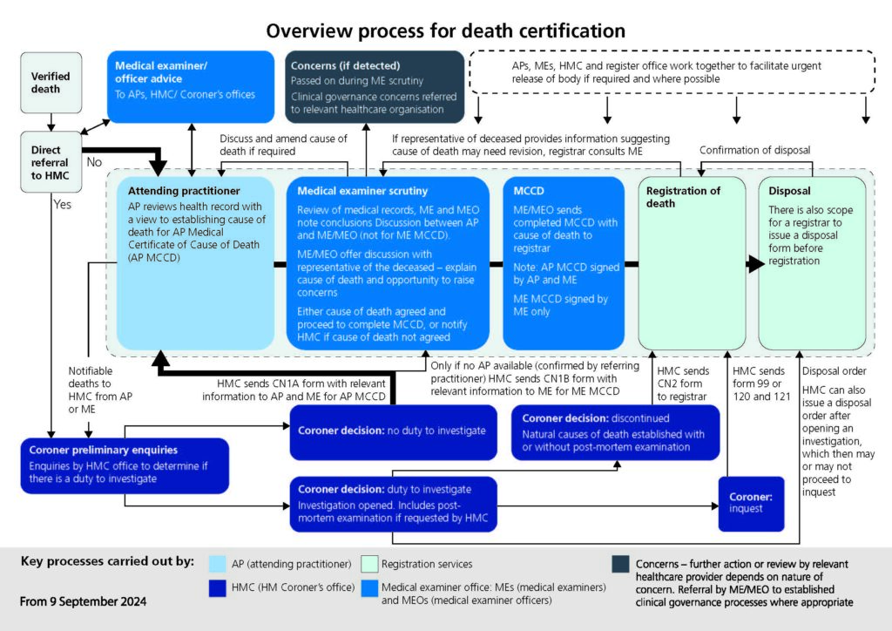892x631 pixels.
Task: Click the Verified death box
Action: point(51,83)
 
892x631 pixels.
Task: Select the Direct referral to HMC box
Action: point(51,162)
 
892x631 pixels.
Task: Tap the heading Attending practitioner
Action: point(184,191)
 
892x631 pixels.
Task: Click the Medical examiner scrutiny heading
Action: point(362,191)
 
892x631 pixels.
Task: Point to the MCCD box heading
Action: point(529,191)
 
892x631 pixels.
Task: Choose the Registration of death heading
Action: point(683,197)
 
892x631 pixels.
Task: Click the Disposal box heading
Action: point(789,191)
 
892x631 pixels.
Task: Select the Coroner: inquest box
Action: point(751,504)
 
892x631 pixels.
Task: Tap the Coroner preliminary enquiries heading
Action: point(104,450)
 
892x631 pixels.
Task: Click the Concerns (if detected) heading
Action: point(345,65)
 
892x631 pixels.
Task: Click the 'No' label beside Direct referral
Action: point(94,162)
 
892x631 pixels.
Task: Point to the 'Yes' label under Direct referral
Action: point(63,204)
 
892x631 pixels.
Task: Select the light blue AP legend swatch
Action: point(217,564)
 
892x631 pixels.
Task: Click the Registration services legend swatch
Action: point(369,564)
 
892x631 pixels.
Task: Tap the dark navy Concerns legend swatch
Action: point(620,564)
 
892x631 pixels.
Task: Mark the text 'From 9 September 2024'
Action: point(83,601)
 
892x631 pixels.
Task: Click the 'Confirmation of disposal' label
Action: point(755,150)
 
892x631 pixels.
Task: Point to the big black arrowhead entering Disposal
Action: point(756,264)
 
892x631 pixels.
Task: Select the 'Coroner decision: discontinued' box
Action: point(616,432)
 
